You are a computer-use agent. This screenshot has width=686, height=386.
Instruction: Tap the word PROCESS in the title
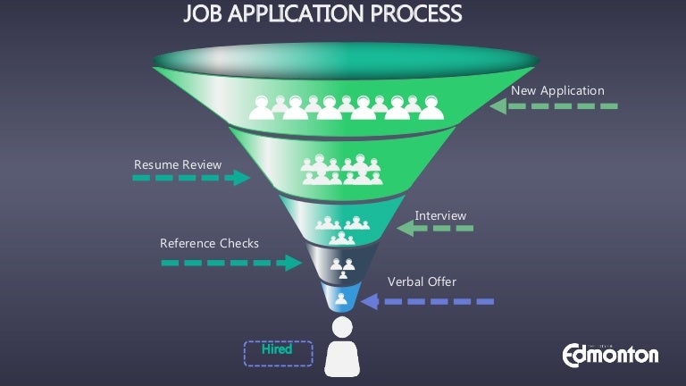point(414,15)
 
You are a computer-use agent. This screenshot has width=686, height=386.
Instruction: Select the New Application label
point(557,91)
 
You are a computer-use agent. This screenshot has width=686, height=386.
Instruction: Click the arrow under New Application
point(554,106)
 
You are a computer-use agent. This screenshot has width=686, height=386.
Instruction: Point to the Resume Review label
point(178,164)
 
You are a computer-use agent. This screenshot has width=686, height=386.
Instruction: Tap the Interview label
point(440,215)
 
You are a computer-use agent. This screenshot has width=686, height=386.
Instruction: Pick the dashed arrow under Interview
point(435,229)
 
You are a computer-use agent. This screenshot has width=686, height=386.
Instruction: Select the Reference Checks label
point(209,243)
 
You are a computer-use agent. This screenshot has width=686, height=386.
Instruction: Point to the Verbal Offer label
point(422,282)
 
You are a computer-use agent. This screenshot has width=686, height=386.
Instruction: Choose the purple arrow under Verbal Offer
point(426,302)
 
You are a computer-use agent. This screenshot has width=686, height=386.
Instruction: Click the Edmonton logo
point(610,354)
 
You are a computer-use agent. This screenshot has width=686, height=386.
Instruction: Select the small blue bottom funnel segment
point(342,298)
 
